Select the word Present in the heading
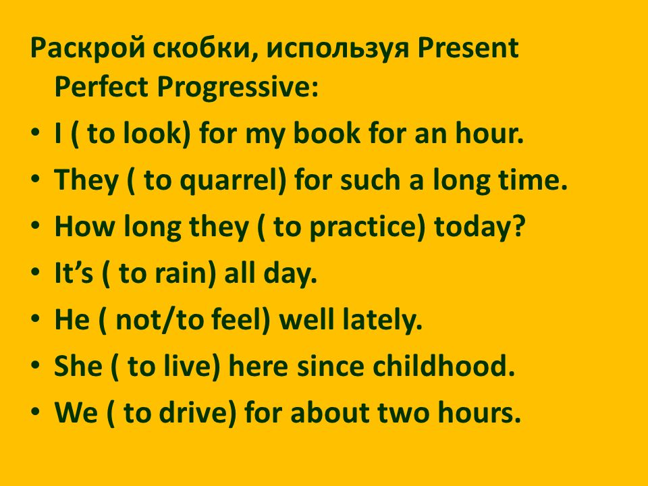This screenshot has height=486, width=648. pos(468,48)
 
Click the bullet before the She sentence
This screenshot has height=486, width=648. pos(36,365)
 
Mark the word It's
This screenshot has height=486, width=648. pos(74,273)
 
